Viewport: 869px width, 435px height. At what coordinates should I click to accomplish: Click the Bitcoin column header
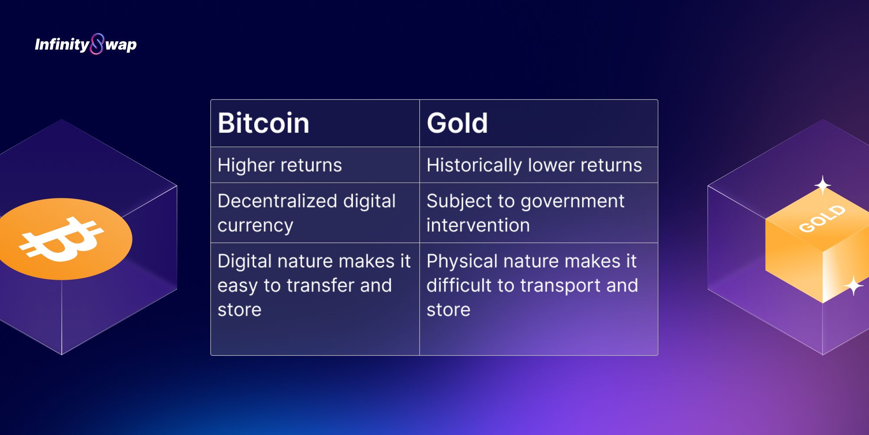point(263,123)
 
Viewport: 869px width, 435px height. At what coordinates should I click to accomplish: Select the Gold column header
point(457,123)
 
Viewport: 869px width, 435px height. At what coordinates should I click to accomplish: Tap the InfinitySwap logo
point(86,44)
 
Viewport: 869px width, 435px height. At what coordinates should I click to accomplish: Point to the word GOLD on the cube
point(822,218)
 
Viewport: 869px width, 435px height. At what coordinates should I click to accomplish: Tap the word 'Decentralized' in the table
point(277,201)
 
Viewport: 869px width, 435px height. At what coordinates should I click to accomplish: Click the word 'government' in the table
point(572,202)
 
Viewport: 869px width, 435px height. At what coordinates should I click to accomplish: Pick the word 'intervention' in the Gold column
point(478,225)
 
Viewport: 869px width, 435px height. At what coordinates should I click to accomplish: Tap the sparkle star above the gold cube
point(823,186)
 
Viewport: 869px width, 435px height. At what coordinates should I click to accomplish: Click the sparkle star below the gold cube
point(854,286)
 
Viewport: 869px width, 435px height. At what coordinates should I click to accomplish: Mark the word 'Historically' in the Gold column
point(474,165)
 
